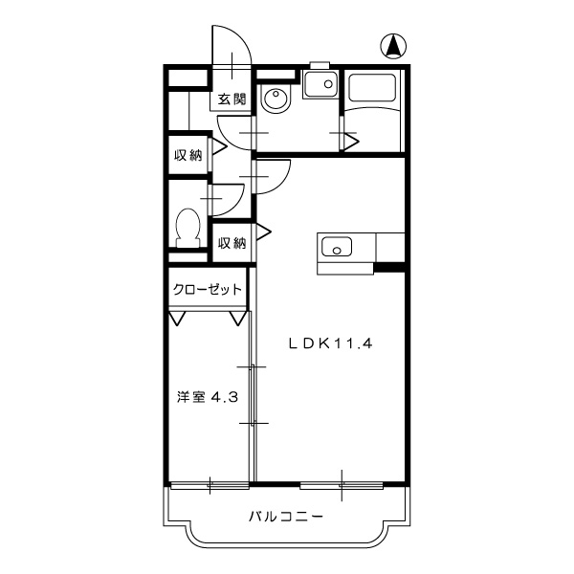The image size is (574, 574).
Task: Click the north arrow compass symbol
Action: [x=392, y=46]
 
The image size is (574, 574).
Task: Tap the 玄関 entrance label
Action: [x=232, y=99]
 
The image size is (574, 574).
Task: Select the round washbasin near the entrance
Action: [x=276, y=99]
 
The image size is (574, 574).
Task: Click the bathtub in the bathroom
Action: [x=375, y=92]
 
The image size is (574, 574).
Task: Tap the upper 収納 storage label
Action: [x=188, y=155]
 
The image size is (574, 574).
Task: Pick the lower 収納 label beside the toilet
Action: [x=232, y=243]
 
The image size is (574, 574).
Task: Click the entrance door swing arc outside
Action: [x=232, y=48]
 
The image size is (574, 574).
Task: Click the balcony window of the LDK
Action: [x=342, y=484]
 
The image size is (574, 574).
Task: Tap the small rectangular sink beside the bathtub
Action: [x=319, y=87]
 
